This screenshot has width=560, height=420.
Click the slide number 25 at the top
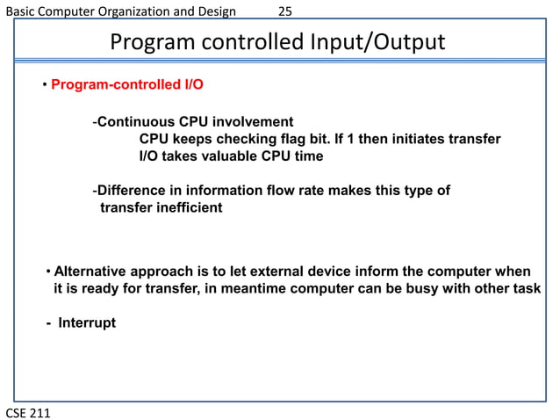[285, 11]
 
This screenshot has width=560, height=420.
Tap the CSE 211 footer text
[28, 411]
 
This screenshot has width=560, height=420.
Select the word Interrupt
[87, 322]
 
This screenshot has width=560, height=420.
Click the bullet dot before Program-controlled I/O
[44, 86]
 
